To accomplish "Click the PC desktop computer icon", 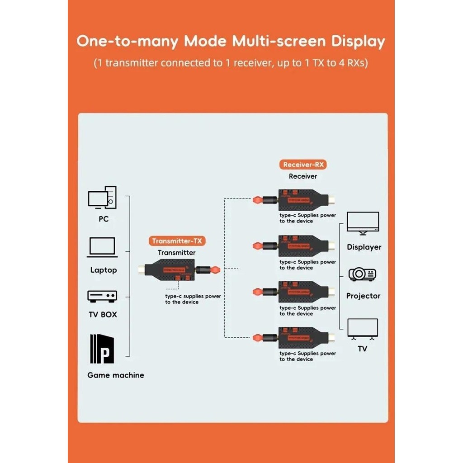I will [x=102, y=198].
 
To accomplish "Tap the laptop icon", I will [x=103, y=247].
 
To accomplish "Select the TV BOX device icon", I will [x=102, y=296].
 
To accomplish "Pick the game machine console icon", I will [x=102, y=349].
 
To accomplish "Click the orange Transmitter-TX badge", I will [x=177, y=241].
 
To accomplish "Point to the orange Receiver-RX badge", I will [x=302, y=165].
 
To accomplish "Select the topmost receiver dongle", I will [x=303, y=199].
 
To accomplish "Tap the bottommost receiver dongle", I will [x=303, y=337].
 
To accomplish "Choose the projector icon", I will [x=363, y=274].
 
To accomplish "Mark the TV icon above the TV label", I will [x=363, y=329].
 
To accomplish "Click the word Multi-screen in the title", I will [x=279, y=41].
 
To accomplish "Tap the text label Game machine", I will [x=116, y=375].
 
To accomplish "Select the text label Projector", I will [x=364, y=296].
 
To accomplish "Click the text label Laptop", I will [x=104, y=270].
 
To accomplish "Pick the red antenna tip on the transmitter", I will [x=215, y=270].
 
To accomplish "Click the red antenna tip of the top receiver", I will [x=257, y=199].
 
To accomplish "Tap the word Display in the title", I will [x=358, y=41].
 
